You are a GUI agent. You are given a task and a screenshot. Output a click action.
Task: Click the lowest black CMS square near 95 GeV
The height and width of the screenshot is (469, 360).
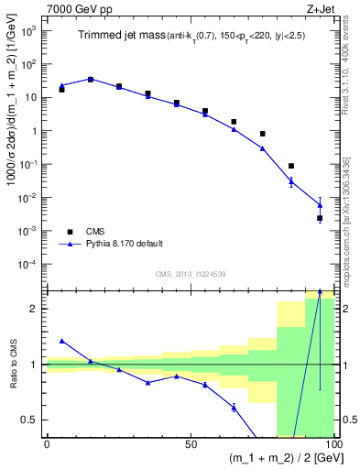click(x=320, y=218)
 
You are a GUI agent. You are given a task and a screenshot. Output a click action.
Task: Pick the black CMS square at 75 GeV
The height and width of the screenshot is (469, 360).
click(x=262, y=134)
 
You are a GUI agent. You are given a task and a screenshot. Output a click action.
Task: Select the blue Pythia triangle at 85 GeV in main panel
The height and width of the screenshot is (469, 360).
click(x=291, y=181)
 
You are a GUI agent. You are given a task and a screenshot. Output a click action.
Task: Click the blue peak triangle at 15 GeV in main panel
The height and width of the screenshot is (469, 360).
click(x=90, y=79)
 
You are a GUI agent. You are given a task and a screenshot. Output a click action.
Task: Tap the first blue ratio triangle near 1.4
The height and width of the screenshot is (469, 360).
click(x=61, y=340)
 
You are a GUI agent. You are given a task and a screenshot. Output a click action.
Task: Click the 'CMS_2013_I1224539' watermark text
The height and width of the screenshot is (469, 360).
click(x=190, y=273)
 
